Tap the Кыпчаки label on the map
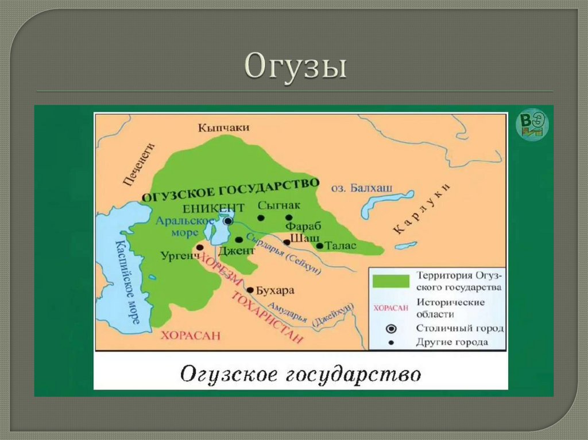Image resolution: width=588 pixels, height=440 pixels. [x=224, y=128]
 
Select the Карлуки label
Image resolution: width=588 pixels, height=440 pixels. [x=422, y=210]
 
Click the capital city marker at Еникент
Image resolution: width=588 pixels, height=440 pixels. [x=229, y=220]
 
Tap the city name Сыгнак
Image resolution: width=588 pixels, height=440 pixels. [x=279, y=205]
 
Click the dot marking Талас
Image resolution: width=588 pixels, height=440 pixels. [x=319, y=246]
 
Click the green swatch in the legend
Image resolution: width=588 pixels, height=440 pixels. [x=390, y=281]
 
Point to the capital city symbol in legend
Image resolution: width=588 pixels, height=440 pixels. [x=392, y=329]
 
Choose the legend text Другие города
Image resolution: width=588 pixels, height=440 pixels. [x=452, y=342]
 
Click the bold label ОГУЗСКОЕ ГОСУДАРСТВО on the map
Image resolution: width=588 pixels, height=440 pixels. [x=230, y=188]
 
